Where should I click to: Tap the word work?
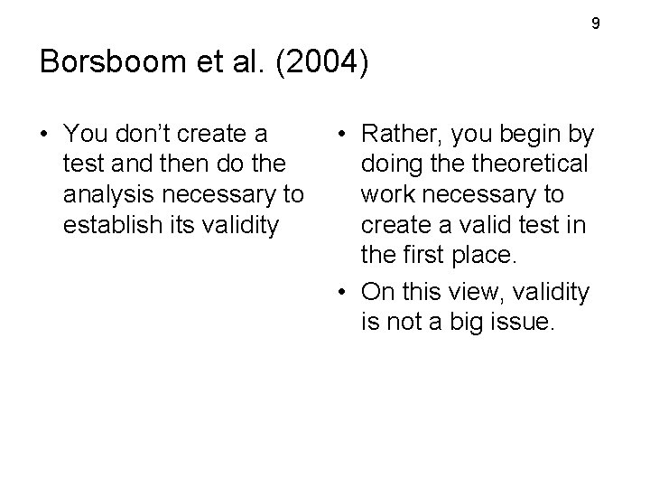[x=387, y=194]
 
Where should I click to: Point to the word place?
[x=483, y=256]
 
